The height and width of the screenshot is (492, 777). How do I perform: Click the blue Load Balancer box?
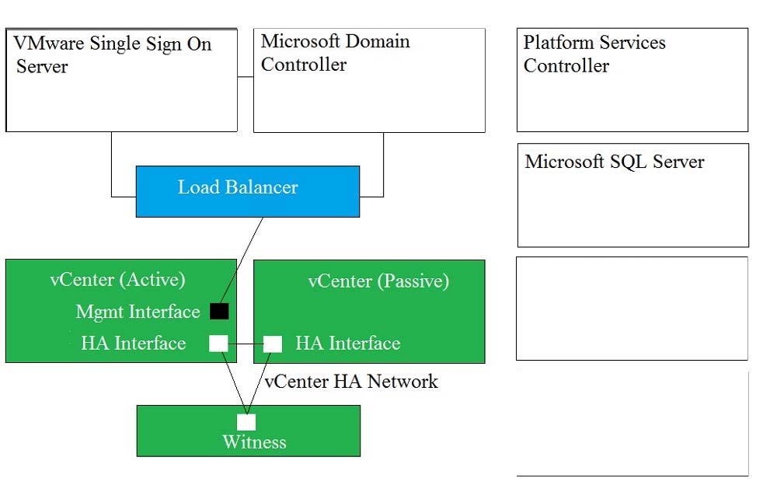click(248, 191)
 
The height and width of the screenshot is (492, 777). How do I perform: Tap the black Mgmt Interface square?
click(219, 311)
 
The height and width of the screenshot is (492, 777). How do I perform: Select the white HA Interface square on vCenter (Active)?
click(218, 344)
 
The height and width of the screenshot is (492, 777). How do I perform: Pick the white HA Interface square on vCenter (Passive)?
click(273, 344)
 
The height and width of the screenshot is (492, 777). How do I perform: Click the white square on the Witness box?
click(246, 422)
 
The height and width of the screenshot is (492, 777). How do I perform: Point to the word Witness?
click(254, 442)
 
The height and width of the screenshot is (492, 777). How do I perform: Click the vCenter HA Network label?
click(351, 382)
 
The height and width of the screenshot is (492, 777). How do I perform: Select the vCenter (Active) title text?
click(118, 280)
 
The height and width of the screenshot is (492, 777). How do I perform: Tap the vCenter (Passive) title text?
click(378, 281)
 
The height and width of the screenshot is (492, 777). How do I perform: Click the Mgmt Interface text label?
click(138, 312)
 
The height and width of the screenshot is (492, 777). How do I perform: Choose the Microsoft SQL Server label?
click(615, 162)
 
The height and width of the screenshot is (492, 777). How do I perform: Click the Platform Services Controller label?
click(594, 54)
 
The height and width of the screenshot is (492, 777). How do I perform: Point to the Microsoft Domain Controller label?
click(336, 53)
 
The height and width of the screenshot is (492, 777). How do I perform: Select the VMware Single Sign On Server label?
click(113, 54)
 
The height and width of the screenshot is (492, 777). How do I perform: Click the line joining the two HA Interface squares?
click(246, 344)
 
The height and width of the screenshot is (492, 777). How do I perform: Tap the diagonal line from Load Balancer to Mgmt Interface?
click(242, 260)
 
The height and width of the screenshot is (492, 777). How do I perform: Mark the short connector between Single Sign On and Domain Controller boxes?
click(246, 77)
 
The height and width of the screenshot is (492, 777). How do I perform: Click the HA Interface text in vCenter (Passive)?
click(348, 344)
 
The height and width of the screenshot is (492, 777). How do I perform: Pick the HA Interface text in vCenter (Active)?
click(134, 344)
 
